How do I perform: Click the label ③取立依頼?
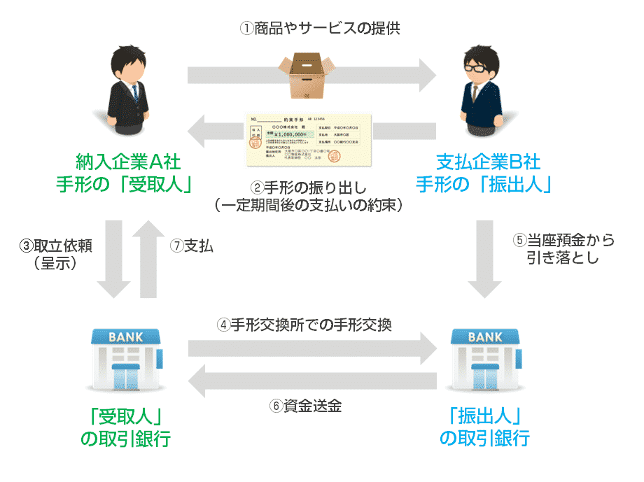(55, 246)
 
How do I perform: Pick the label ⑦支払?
(192, 246)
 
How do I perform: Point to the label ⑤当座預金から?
(564, 240)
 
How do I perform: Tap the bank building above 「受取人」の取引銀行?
(125, 357)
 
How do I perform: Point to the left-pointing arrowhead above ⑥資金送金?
(203, 380)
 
